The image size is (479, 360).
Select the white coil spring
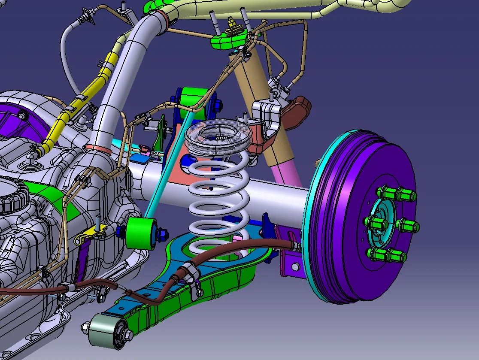pyautogui.click(x=219, y=202)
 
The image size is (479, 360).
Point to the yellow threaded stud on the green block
pyautogui.click(x=233, y=24)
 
